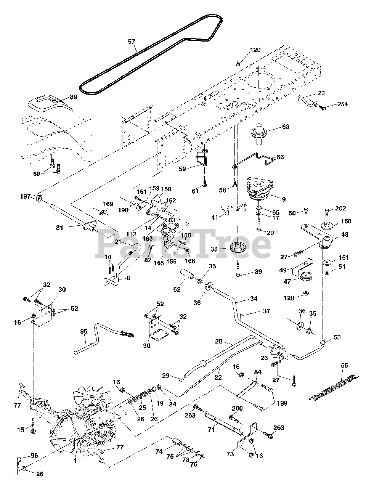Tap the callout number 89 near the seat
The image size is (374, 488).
click(73, 97)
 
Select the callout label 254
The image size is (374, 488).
click(342, 104)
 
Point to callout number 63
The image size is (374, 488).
click(286, 127)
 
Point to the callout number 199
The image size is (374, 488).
click(282, 403)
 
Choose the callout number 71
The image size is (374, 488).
click(211, 430)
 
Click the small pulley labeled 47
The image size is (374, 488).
click(305, 277)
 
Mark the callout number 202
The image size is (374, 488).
click(340, 208)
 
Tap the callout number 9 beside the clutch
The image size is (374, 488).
click(283, 199)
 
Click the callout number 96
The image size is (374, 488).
click(34, 455)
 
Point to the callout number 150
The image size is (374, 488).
click(346, 221)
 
